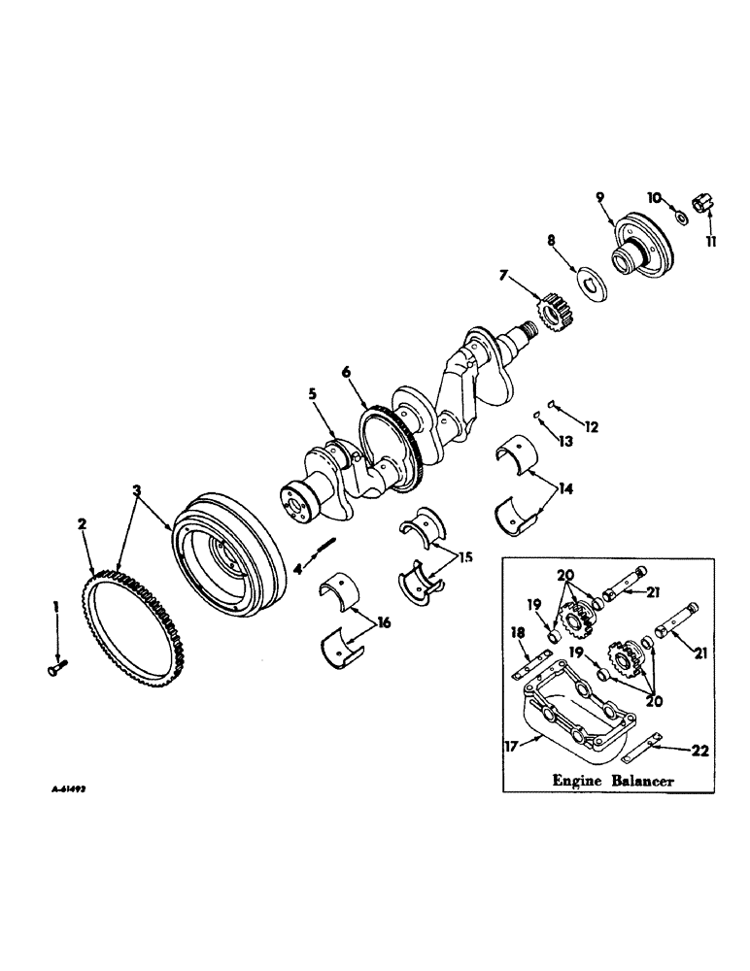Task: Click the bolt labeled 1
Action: tap(54, 666)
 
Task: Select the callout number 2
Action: tap(83, 523)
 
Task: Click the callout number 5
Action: tap(313, 395)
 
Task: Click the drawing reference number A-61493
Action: tap(64, 792)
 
